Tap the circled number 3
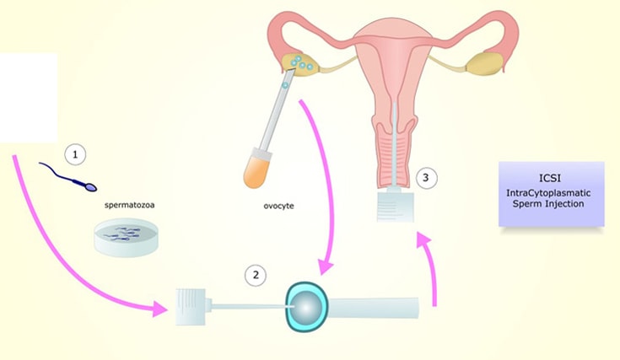tap(427, 178)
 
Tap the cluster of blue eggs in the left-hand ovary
tap(299, 62)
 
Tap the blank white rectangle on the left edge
tap(28, 97)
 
